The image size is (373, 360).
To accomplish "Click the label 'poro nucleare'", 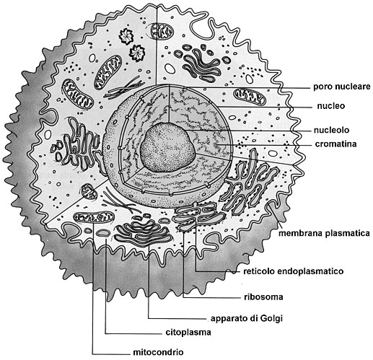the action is coord(341,87).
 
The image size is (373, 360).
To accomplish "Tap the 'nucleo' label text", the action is coord(331,106).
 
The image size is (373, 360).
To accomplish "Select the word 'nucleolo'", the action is coord(331,130).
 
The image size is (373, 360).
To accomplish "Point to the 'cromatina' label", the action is coord(335,144).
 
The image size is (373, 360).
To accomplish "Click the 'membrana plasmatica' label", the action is coord(324,233).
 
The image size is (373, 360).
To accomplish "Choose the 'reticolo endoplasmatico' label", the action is coord(294,271).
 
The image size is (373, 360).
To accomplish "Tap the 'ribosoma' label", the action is coord(263,297).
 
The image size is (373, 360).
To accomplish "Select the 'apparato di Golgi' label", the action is coord(247,318).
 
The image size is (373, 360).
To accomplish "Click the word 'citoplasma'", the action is coord(188,333).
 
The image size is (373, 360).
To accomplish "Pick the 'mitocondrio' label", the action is coord(158,352).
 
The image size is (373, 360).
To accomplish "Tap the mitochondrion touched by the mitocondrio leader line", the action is coord(94,217).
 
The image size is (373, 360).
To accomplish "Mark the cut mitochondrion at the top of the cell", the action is coord(162,31).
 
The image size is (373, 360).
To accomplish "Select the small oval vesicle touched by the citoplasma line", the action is coord(104,232).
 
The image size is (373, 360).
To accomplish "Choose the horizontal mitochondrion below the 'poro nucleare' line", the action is coord(250,97).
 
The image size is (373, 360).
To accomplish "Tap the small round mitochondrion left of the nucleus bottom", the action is coord(89,191).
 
